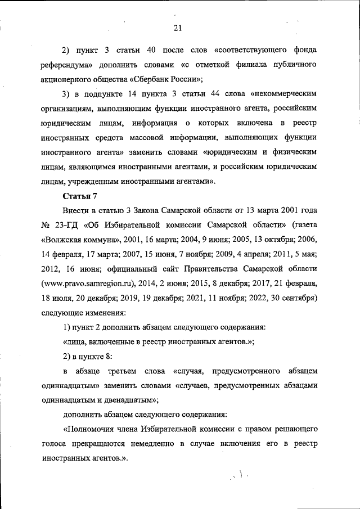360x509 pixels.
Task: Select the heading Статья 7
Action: click(x=80, y=195)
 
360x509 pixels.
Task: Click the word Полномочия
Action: click(x=93, y=429)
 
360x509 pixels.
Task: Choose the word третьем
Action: click(x=133, y=371)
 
